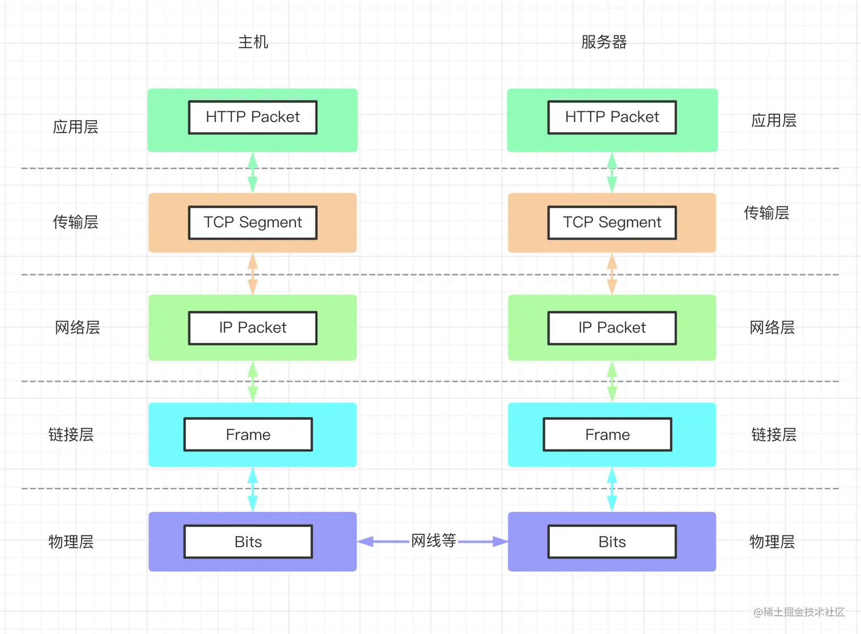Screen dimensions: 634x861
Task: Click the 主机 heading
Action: click(x=253, y=42)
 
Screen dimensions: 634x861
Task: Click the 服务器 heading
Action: click(x=604, y=42)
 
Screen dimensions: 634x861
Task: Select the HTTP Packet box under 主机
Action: click(x=253, y=117)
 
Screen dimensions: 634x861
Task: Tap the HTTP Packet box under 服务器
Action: click(x=612, y=117)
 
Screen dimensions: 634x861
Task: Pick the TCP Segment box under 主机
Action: click(x=253, y=222)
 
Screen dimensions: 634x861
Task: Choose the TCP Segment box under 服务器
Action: click(x=612, y=222)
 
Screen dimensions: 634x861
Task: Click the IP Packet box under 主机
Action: click(x=253, y=328)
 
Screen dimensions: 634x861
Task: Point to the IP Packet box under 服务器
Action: click(x=612, y=328)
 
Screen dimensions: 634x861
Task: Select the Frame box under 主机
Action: click(x=248, y=435)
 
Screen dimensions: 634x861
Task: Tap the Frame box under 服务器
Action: click(x=608, y=435)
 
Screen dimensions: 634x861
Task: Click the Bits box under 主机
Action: click(x=248, y=542)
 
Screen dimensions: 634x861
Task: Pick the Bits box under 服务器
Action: click(x=612, y=542)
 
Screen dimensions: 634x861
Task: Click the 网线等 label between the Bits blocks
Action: click(x=433, y=541)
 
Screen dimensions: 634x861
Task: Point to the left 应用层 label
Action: click(x=75, y=126)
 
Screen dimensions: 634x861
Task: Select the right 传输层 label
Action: click(x=766, y=213)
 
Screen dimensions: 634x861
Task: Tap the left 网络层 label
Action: click(x=77, y=328)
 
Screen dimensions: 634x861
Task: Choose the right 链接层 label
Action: click(x=774, y=435)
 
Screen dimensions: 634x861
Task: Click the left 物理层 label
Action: click(x=71, y=542)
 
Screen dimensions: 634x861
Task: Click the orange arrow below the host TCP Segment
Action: click(x=253, y=274)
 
